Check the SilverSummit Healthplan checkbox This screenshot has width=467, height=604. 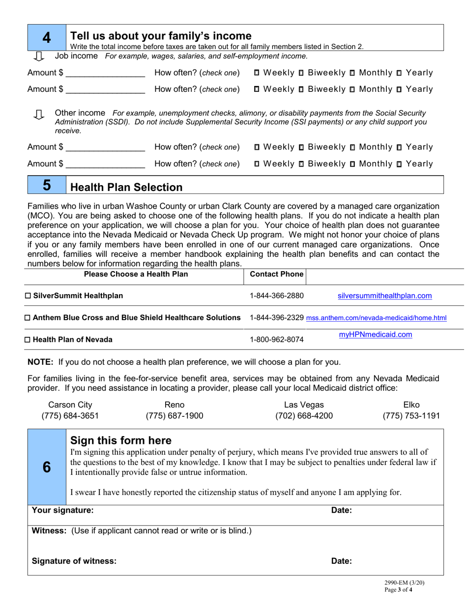click(28, 296)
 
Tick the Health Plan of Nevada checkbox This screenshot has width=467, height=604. click(28, 339)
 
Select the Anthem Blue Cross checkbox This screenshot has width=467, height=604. click(28, 318)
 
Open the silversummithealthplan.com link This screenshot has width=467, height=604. click(384, 296)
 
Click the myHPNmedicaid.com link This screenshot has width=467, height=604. click(376, 335)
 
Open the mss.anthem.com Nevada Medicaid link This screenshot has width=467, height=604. click(376, 318)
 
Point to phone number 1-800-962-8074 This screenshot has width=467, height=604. click(277, 339)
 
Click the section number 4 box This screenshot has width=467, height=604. click(47, 37)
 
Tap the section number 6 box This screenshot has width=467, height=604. click(47, 467)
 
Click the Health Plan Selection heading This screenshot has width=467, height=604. click(127, 187)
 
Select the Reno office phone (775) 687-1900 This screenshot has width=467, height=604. click(175, 416)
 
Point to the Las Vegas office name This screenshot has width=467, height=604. click(304, 405)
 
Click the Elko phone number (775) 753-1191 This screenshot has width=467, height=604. click(411, 416)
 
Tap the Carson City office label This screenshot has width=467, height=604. click(70, 405)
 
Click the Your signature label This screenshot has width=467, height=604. click(62, 510)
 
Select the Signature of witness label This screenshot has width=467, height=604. click(74, 561)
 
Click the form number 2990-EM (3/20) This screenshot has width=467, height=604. click(405, 583)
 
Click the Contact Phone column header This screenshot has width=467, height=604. click(277, 274)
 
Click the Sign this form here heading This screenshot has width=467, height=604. click(121, 440)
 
